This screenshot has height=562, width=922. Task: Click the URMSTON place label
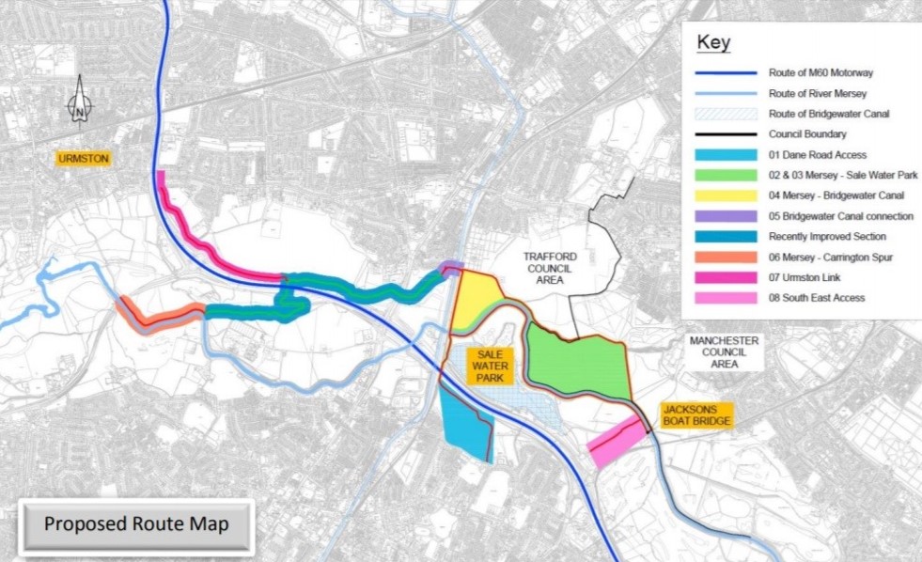(x=84, y=159)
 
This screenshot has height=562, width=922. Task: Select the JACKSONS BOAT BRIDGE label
(x=696, y=415)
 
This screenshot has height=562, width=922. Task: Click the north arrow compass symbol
(x=81, y=100)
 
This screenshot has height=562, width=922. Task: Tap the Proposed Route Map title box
(x=136, y=523)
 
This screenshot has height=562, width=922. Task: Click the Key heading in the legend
(x=713, y=43)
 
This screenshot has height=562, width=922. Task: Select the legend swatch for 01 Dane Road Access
(x=727, y=154)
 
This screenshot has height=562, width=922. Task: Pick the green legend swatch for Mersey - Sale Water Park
(x=727, y=175)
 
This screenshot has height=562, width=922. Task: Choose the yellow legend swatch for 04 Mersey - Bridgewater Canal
(x=727, y=195)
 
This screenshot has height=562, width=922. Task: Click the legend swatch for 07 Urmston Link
(x=727, y=277)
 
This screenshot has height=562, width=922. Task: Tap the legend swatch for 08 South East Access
(x=727, y=298)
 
